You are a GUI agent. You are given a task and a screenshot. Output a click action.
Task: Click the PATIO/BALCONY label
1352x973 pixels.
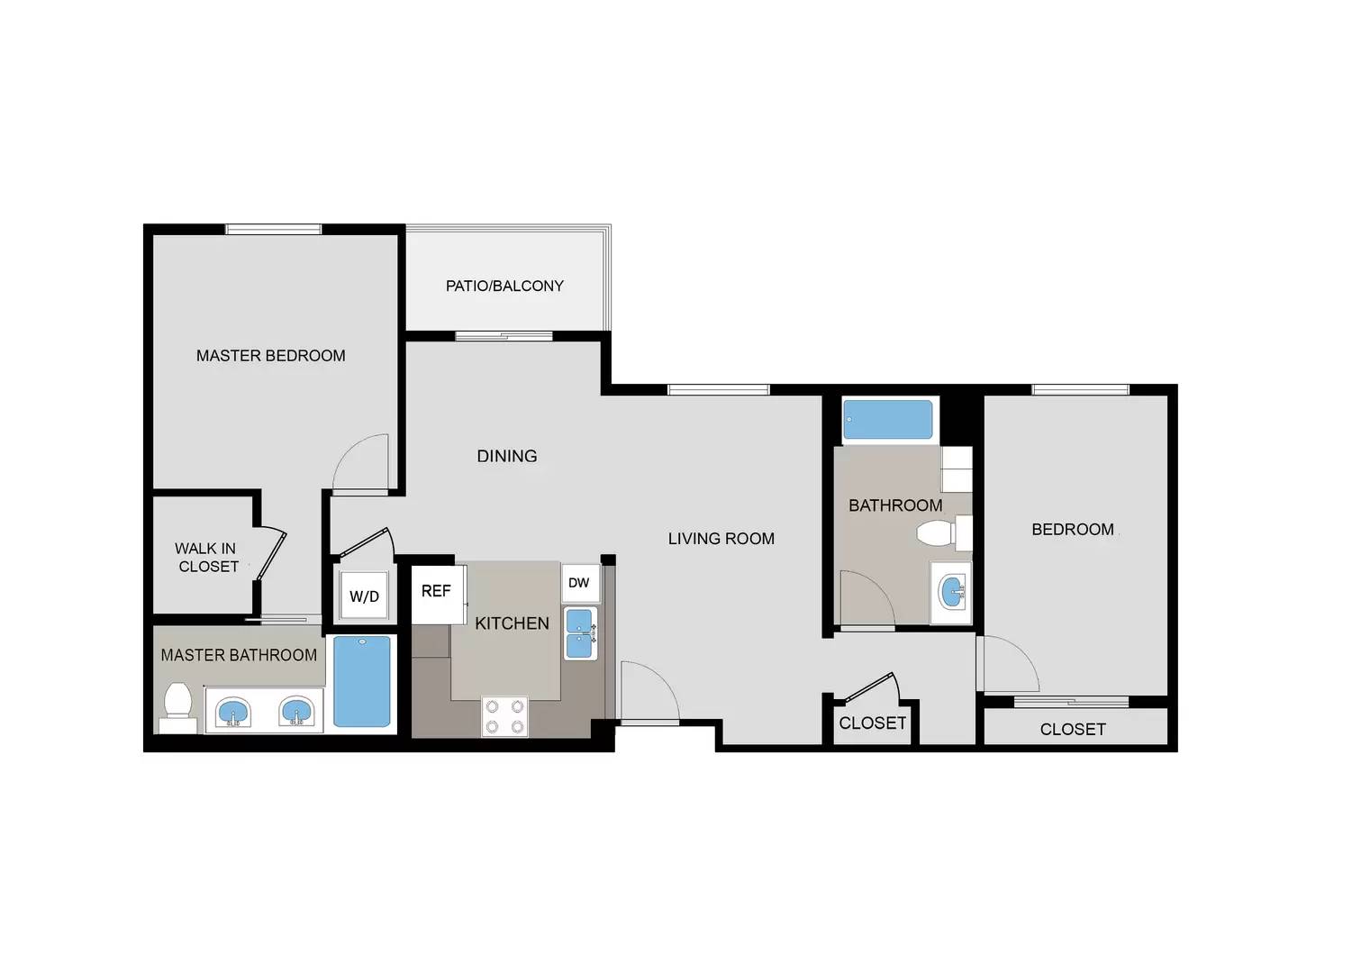(x=504, y=286)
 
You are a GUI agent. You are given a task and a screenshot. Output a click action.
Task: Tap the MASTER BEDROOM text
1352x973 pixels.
(x=271, y=356)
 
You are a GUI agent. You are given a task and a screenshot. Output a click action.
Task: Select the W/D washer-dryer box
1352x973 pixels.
(x=364, y=596)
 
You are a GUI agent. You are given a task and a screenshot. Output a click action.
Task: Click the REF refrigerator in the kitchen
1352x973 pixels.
(x=439, y=594)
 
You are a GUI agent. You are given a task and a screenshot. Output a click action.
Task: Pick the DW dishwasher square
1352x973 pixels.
(x=581, y=583)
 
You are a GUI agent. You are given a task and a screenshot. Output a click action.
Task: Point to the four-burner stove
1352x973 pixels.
(x=504, y=716)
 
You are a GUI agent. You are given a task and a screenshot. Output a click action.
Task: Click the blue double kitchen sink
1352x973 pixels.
(x=579, y=633)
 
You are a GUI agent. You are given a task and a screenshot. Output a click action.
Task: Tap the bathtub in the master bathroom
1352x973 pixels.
(x=362, y=681)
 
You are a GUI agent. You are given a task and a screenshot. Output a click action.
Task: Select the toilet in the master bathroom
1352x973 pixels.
(x=178, y=708)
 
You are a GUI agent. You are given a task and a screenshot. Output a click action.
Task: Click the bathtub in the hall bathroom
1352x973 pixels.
(x=887, y=420)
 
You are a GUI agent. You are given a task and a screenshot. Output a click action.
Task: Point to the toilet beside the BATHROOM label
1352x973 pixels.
(x=944, y=533)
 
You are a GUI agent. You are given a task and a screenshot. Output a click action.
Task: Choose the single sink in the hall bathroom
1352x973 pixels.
(x=952, y=593)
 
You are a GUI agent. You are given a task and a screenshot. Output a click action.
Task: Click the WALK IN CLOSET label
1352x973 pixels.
(x=206, y=557)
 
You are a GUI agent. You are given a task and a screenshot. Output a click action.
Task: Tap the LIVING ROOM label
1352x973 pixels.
(x=721, y=539)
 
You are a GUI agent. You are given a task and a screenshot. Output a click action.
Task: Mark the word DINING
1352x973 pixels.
(x=507, y=456)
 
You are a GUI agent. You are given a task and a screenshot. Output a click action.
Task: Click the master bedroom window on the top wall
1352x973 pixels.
(x=274, y=230)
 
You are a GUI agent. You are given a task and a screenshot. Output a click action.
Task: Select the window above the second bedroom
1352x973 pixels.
(x=1080, y=389)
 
